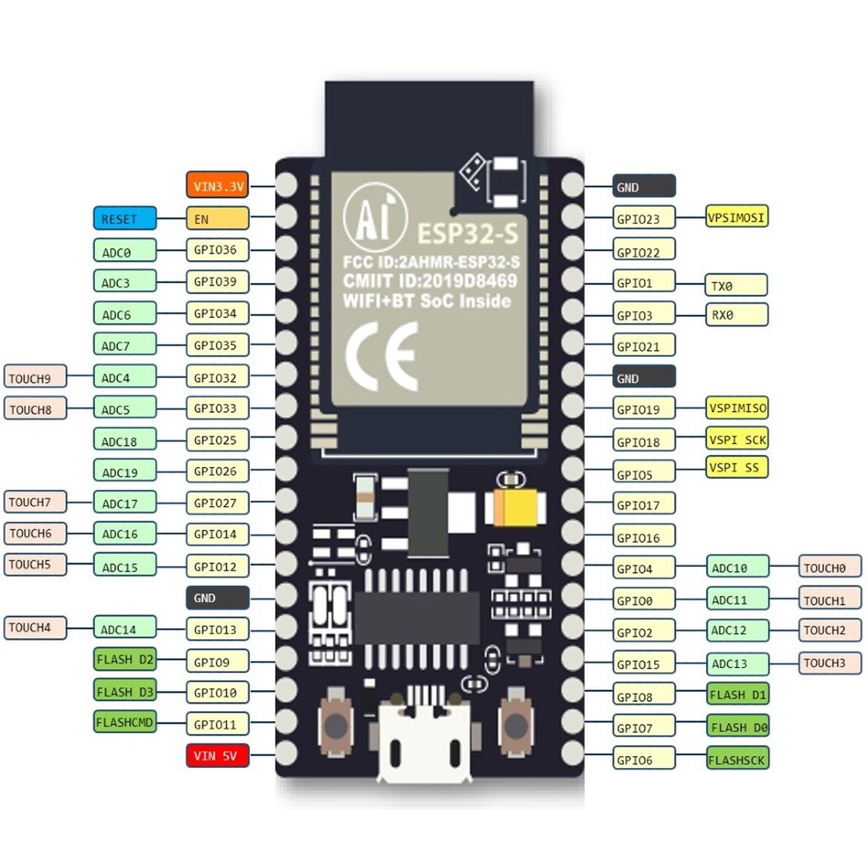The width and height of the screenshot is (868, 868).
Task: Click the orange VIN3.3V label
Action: click(218, 185)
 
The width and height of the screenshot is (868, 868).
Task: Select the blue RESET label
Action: click(125, 218)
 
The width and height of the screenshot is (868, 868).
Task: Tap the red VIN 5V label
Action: click(218, 755)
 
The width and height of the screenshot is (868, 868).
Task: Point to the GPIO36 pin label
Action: click(218, 250)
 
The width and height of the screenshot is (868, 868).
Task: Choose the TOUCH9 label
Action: click(36, 377)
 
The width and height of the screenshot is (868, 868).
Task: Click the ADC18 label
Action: click(125, 440)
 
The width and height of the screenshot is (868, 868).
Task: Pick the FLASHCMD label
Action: click(125, 722)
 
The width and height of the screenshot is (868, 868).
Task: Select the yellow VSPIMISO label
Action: click(737, 409)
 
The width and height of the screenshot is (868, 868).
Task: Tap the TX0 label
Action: click(737, 286)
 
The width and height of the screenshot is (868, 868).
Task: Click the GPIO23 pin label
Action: click(644, 218)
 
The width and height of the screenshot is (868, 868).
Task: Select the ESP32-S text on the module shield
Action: click(468, 234)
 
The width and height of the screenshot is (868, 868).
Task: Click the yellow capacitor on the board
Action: click(515, 507)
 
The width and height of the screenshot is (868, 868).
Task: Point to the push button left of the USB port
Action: click(336, 723)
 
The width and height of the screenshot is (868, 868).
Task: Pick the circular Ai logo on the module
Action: click(375, 216)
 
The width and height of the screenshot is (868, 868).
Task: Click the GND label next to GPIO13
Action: click(218, 598)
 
